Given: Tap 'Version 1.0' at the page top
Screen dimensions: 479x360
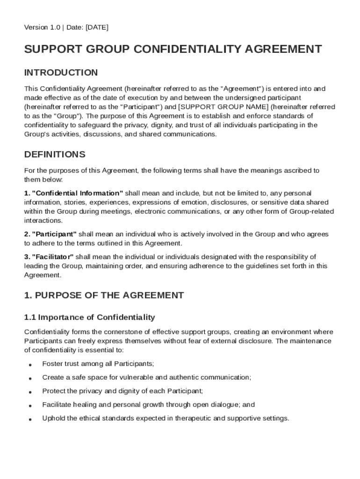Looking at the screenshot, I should click(42, 28).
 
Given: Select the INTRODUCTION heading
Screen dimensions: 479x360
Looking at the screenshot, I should click(61, 73).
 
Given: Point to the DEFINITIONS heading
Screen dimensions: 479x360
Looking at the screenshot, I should click(55, 154).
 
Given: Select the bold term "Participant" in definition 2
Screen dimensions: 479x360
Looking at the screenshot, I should click(54, 234).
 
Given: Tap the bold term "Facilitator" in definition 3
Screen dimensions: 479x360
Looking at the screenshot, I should click(53, 257).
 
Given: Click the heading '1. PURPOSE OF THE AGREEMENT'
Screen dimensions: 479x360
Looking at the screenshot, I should click(104, 295).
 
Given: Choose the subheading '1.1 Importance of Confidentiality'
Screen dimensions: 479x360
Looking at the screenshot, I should click(89, 318).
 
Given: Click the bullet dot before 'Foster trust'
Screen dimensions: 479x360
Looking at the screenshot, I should click(30, 364).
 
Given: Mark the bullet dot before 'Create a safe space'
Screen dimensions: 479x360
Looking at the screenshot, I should click(30, 378).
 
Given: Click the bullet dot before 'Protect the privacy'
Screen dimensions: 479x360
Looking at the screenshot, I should click(30, 392).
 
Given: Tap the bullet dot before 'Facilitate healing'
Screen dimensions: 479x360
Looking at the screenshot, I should click(30, 406).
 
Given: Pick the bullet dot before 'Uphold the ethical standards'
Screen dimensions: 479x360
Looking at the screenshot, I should click(30, 419).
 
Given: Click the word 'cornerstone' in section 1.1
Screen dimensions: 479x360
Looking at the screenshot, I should click(119, 332).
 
